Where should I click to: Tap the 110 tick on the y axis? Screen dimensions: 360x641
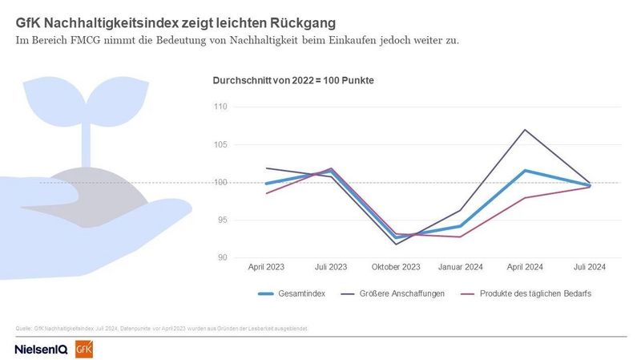coord(221,107)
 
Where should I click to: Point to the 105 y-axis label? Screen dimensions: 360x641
coord(221,145)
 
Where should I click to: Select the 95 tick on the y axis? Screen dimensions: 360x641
coord(223,220)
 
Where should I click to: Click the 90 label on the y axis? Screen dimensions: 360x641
coord(223,257)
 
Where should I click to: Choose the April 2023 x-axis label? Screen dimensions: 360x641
coord(266,266)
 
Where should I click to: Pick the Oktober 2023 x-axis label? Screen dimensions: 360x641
coord(396,266)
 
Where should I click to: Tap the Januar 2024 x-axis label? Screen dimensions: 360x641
coord(461,266)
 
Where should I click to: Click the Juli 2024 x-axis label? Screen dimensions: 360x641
coord(591,266)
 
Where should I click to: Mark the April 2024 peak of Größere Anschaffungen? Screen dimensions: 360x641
coord(526,130)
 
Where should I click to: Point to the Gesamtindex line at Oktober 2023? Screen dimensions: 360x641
coord(396,237)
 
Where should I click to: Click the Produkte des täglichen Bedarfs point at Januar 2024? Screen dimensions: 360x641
coord(461,237)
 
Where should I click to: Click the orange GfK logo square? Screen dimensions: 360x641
coord(83,349)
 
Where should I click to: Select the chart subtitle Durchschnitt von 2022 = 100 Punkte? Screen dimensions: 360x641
coord(293,81)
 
